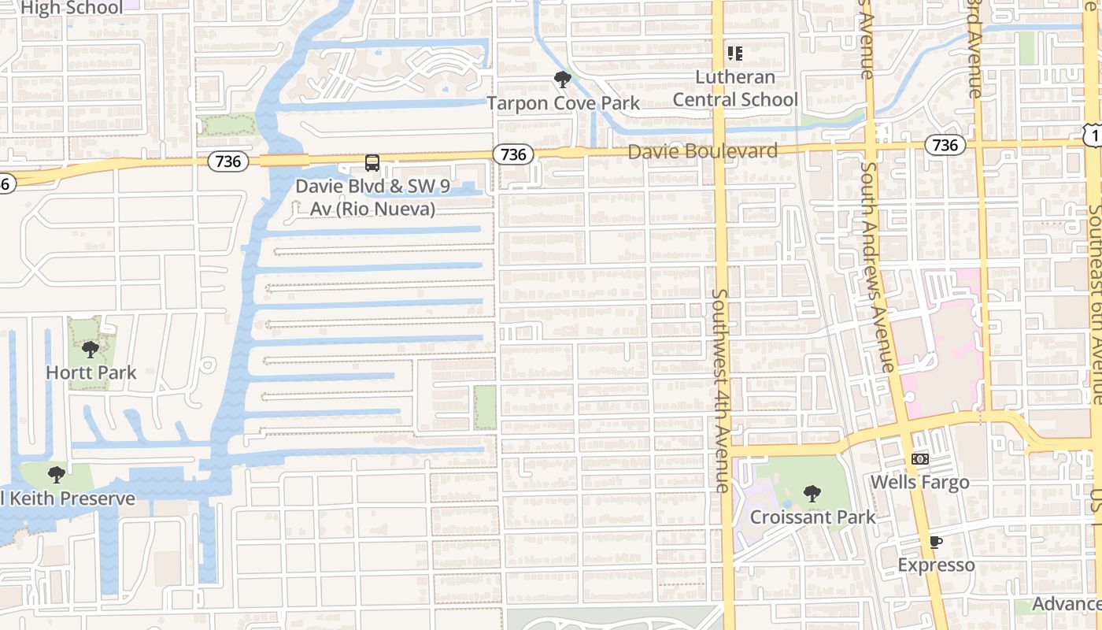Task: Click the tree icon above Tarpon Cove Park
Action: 562,79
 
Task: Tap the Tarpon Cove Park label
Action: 563,103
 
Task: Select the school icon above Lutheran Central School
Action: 734,54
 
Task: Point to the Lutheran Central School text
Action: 735,88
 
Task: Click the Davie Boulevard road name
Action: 702,151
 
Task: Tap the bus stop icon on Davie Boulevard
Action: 372,163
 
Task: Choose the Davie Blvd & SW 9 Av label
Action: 365,198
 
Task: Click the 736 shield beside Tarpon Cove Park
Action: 513,154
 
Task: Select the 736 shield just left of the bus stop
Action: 228,161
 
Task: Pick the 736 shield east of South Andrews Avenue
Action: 945,144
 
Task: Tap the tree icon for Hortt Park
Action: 91,349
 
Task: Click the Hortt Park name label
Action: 91,372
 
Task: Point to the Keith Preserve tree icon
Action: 56,474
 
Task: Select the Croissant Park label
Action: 812,517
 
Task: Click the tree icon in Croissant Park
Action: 812,494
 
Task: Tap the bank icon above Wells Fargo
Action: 919,458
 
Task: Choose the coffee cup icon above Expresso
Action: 935,542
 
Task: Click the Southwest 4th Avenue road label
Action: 721,390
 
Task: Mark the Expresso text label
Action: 936,565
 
